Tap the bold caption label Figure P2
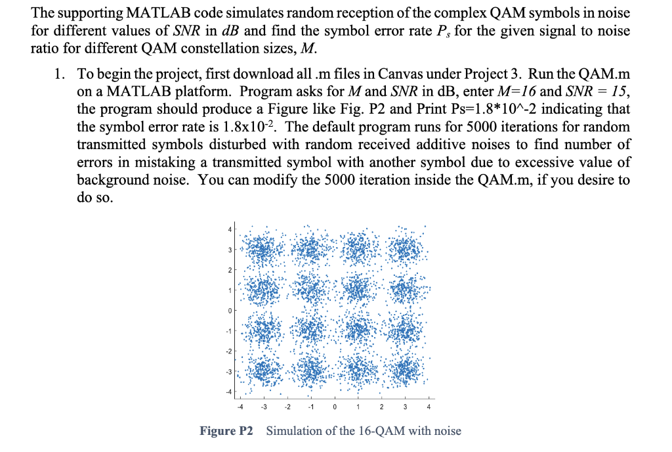pos(226,431)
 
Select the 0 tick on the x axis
pos(335,405)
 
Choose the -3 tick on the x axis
pos(263,405)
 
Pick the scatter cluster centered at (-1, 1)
pos(311,290)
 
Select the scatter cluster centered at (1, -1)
pos(358,330)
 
